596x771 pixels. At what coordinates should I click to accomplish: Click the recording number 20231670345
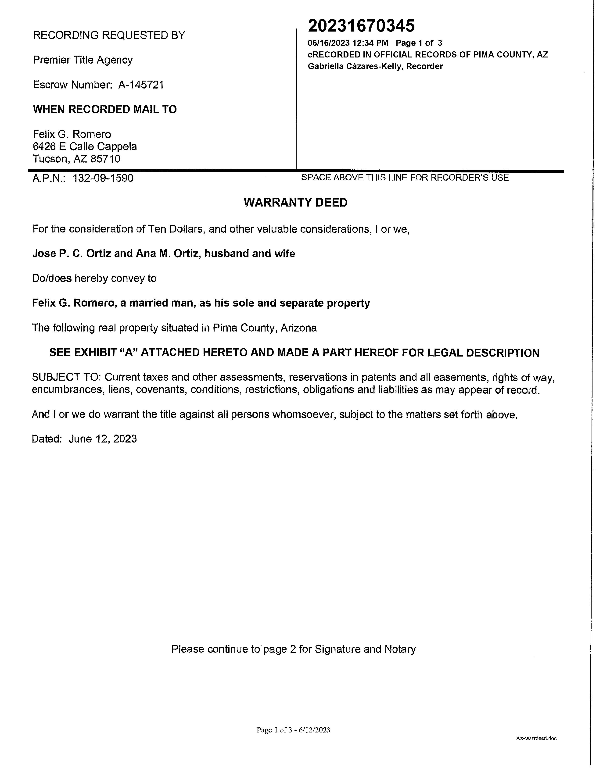[x=361, y=26]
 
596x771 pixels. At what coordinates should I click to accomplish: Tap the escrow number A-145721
[x=141, y=85]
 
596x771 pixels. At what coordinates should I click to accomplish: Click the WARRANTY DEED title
[x=295, y=203]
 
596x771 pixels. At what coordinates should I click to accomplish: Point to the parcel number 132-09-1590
[x=103, y=178]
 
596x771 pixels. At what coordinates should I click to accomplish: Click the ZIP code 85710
[x=105, y=159]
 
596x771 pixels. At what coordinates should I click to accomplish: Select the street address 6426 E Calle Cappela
[x=85, y=146]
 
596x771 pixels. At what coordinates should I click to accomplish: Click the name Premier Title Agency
[x=83, y=60]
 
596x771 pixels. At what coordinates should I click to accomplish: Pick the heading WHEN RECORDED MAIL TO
[x=105, y=109]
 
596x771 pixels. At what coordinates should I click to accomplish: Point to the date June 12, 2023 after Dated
[x=103, y=439]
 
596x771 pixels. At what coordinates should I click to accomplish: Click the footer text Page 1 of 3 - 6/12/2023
[x=293, y=730]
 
